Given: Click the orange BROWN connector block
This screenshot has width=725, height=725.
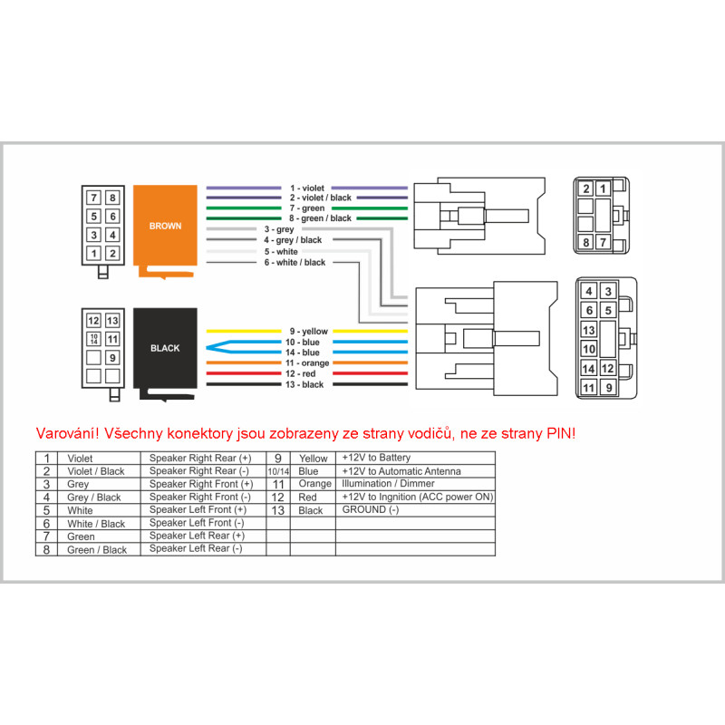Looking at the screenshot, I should pos(165,226).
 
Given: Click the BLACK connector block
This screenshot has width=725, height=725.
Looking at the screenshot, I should pos(165,347).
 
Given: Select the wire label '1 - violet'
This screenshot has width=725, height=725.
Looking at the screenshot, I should pos(307,188).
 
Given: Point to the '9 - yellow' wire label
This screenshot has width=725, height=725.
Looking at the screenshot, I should pos(309,332).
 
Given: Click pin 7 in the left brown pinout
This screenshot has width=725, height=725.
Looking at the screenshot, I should pos(93,197).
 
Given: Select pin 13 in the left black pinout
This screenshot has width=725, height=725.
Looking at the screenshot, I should pos(112,320).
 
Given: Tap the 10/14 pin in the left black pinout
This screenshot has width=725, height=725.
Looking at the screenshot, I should pos(93,339).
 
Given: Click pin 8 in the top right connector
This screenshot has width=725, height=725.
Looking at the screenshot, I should pos(586,242).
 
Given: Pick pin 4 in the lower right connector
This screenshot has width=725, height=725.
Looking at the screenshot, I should pos(589,291).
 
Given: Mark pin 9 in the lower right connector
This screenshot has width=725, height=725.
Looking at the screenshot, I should pos(608,388).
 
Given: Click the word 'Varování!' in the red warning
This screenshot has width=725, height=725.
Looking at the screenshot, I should pos(68,433).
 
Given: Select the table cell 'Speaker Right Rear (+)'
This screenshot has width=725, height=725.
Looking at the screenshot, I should pos(200,459).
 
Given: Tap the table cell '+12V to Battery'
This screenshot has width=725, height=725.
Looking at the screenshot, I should pos(376,459).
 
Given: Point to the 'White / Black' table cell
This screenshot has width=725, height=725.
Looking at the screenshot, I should pos(96,524).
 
